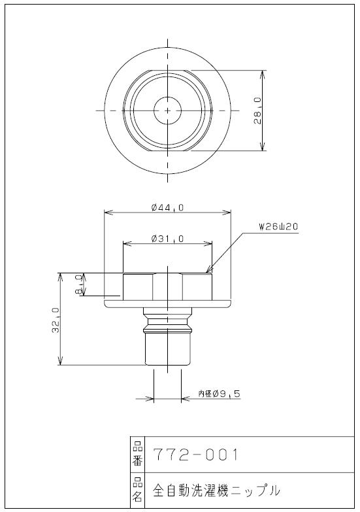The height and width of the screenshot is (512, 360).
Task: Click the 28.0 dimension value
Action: [x=258, y=111]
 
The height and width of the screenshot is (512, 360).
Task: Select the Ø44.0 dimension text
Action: [x=167, y=207]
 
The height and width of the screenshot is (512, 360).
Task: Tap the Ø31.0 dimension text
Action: [x=167, y=239]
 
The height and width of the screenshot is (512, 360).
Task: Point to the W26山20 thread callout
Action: [x=278, y=227]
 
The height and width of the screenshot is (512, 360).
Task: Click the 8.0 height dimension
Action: [x=79, y=284]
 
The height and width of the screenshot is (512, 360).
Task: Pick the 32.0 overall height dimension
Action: [x=56, y=320]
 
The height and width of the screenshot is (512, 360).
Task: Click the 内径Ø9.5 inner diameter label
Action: [x=220, y=394]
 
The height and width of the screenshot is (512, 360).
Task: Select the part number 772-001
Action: [x=196, y=454]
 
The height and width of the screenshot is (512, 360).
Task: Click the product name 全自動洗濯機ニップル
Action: [x=217, y=490]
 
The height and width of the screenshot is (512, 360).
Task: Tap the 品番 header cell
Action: [x=137, y=454]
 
